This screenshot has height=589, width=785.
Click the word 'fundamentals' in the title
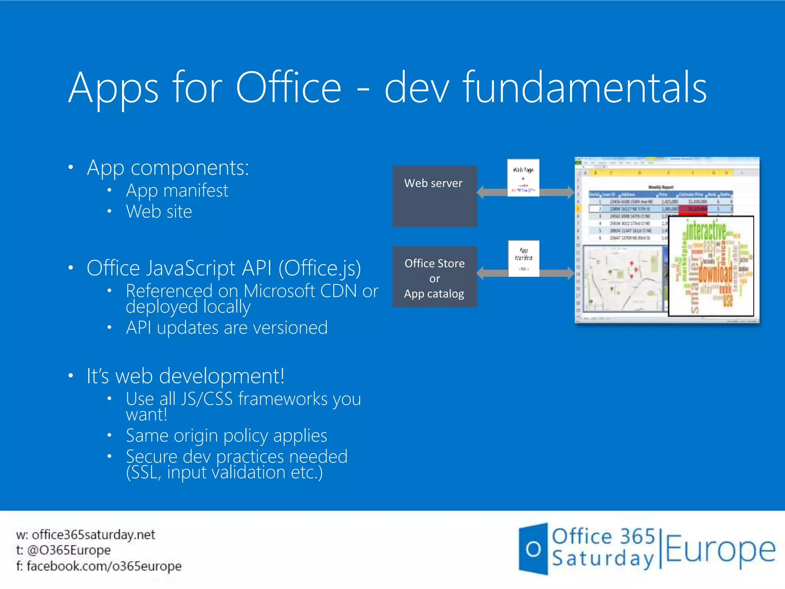point(585,88)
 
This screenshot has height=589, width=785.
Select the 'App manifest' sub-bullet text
point(177,191)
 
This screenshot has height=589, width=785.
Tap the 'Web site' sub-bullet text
point(159,212)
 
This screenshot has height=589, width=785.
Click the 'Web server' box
point(435,196)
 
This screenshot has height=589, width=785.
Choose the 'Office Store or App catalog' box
point(435,277)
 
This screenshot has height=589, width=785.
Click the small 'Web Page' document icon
point(523,178)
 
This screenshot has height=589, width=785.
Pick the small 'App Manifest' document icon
point(524,258)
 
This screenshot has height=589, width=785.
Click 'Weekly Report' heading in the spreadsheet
point(661,187)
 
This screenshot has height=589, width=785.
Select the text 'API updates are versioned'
point(227,328)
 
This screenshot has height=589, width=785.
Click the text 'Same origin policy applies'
point(226,436)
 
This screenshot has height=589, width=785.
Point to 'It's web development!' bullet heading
point(186,376)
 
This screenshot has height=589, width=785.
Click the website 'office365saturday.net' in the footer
point(93,535)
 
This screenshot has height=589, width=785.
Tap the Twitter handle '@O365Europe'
point(69,550)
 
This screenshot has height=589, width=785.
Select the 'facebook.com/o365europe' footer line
point(104,566)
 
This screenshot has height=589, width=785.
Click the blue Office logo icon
point(533,549)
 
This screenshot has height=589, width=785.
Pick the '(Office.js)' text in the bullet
point(320,268)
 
